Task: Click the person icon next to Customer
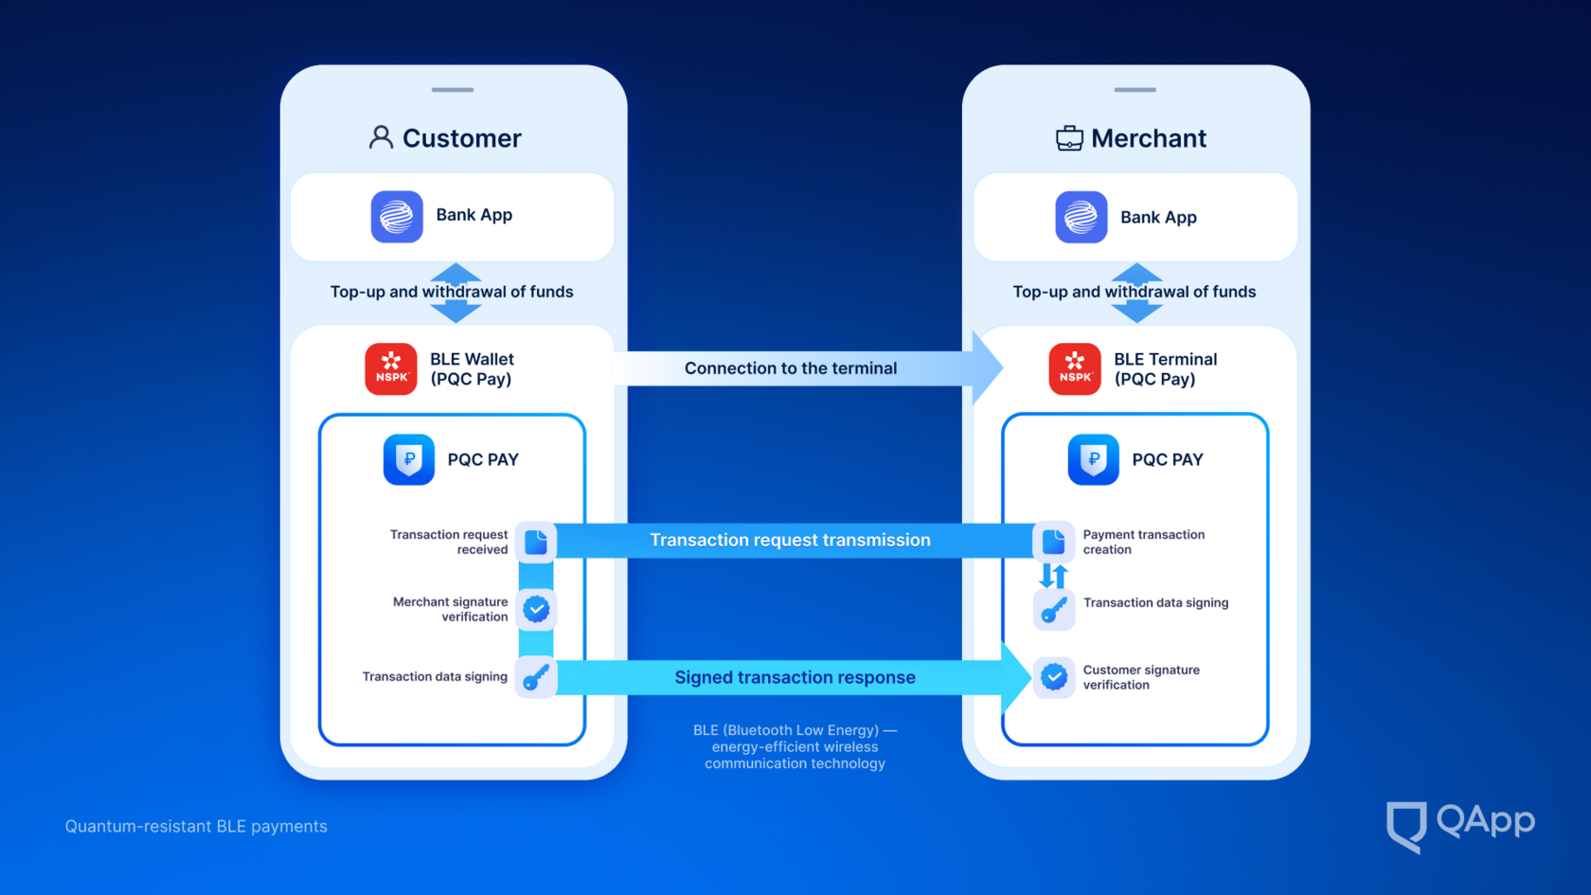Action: [381, 138]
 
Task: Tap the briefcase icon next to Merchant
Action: [1069, 138]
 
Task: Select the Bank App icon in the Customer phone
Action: [397, 217]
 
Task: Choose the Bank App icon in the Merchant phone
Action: [1081, 217]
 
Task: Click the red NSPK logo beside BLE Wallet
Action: [391, 368]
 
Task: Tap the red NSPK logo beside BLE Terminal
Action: [1075, 368]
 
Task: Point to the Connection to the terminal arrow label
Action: [790, 368]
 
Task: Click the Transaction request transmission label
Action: [790, 540]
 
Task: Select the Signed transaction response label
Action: [795, 677]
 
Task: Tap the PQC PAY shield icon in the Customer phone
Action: [409, 459]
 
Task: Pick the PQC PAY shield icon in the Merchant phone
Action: [1093, 459]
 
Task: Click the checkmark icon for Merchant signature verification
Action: [536, 609]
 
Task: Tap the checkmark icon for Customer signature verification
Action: [1054, 677]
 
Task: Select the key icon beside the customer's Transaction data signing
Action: [536, 677]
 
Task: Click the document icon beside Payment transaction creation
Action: [1054, 542]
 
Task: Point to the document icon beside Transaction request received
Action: [536, 542]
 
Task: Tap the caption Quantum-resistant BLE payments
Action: [196, 827]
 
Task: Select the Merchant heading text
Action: [1149, 138]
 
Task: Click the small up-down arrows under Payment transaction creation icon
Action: [1053, 575]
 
